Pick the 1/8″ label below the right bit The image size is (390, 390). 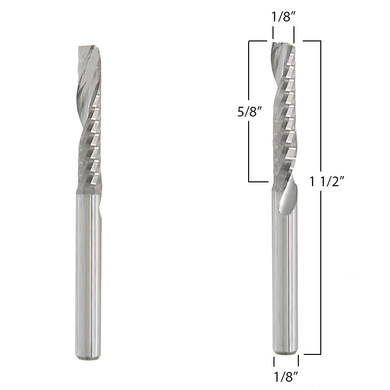tap(286, 376)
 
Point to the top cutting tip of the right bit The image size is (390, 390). tap(283, 44)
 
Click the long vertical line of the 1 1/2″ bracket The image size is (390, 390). tap(320, 244)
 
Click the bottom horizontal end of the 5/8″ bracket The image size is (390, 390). tap(258, 182)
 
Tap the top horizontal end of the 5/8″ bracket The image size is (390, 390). tap(258, 41)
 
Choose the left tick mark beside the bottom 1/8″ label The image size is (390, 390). tap(274, 361)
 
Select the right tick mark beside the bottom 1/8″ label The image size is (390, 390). tap(298, 361)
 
